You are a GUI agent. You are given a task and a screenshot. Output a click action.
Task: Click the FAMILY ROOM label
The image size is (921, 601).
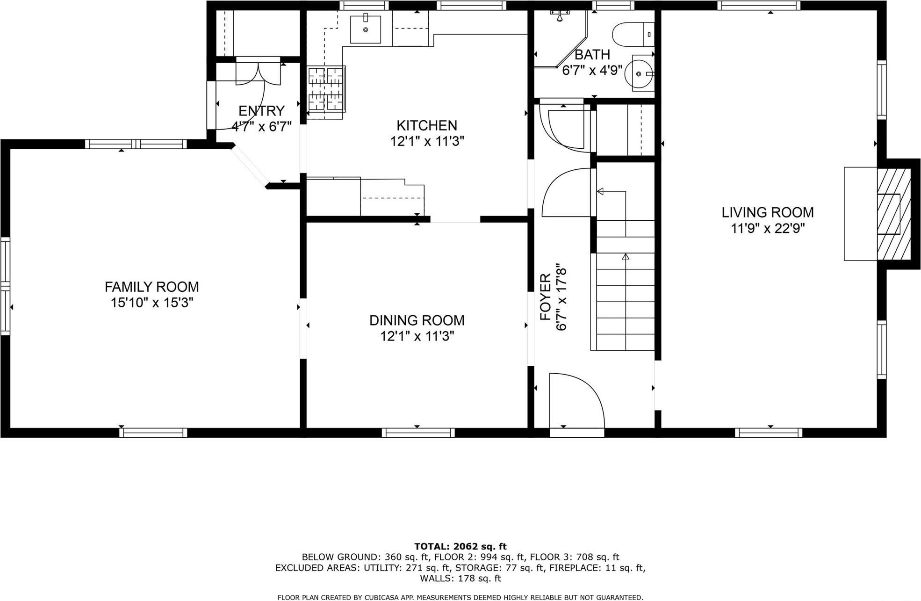[x=151, y=287]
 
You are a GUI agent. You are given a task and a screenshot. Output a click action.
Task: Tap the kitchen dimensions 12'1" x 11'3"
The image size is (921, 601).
[x=427, y=141]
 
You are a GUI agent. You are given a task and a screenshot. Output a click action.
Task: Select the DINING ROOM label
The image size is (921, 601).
[x=417, y=320]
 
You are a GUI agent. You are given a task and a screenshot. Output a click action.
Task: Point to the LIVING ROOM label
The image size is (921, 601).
[x=767, y=212]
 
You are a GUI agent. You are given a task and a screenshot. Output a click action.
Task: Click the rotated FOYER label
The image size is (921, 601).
[x=546, y=297]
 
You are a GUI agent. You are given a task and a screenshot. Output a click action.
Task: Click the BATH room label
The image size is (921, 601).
[x=592, y=55]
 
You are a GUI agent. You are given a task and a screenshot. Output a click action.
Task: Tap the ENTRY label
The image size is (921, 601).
[x=261, y=111]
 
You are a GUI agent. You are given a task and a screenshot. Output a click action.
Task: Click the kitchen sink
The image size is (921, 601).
[x=366, y=29]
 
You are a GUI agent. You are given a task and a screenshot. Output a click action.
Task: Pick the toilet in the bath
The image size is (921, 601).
[x=629, y=34]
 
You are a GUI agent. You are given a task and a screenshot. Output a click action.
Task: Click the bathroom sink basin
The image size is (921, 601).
[x=641, y=73]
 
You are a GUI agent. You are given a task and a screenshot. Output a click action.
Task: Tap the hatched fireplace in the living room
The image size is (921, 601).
[x=893, y=214]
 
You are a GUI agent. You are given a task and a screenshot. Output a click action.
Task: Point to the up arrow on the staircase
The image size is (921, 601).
[x=626, y=257]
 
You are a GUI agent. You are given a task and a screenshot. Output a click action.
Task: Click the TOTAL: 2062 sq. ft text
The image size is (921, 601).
[x=460, y=546]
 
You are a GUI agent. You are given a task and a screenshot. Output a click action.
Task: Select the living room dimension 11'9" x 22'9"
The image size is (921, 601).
[x=767, y=229]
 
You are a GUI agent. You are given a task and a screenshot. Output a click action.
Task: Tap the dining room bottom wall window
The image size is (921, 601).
[x=418, y=433]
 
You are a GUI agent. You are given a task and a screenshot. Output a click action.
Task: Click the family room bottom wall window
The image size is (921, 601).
[x=153, y=433]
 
